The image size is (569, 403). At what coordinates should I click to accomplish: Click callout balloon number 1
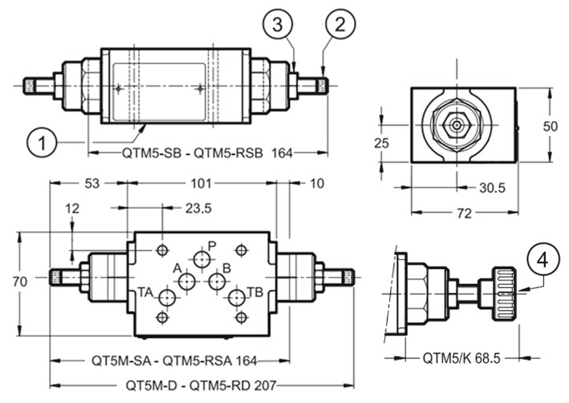coord(42,142)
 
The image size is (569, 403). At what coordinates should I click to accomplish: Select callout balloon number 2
coord(340,24)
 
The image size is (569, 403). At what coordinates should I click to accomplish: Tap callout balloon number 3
coord(278,24)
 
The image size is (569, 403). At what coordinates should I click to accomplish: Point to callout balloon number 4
coord(543,259)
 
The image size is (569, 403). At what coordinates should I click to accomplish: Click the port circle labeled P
coord(201,259)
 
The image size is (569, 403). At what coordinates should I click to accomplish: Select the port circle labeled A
coord(187,281)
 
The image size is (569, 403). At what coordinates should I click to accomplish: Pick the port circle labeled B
coord(217,281)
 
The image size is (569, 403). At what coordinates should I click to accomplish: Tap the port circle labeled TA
coord(167,298)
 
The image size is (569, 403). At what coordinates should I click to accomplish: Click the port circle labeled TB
coord(237,298)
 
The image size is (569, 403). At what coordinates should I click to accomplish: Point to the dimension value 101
coord(201,183)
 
